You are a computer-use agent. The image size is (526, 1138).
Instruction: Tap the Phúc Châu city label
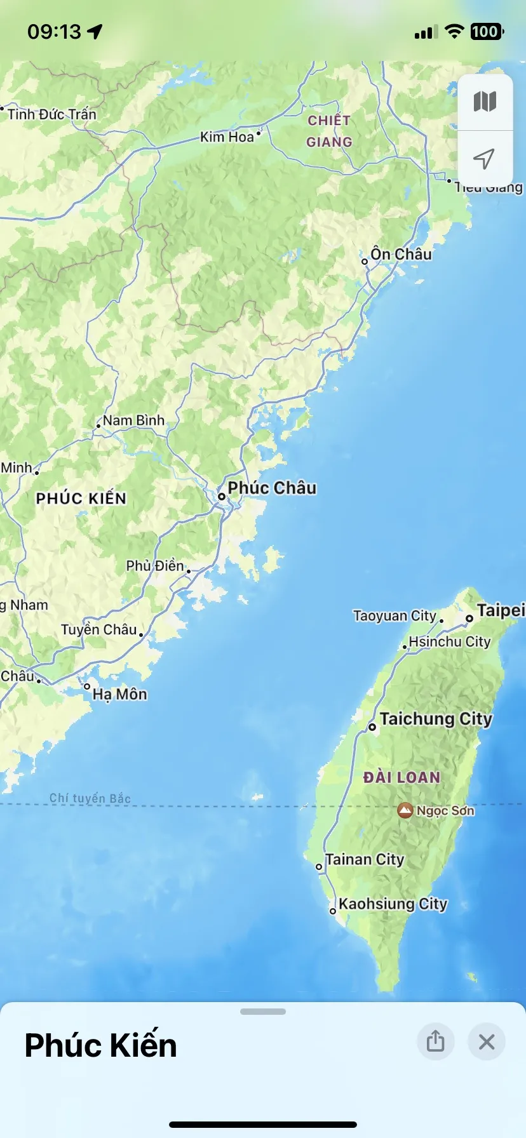coord(272,488)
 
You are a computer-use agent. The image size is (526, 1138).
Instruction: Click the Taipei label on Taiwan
coord(501,610)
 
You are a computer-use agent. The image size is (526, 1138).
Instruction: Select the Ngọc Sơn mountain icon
coord(405,810)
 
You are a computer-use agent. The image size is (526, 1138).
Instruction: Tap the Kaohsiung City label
coord(393,904)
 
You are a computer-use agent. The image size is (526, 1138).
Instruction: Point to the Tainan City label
coord(365,859)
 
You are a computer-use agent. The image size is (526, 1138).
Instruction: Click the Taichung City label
coord(436,719)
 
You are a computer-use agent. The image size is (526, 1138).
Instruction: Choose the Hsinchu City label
coord(450,641)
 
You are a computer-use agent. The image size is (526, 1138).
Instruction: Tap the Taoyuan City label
coord(394,615)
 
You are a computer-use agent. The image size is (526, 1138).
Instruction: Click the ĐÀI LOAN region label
coord(401,777)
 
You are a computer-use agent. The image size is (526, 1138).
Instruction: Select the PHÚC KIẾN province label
coord(81,499)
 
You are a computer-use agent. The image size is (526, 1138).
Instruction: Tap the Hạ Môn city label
coord(119,694)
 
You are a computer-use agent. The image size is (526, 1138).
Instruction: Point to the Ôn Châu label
coord(401,254)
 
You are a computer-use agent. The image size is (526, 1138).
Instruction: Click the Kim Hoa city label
coord(227,137)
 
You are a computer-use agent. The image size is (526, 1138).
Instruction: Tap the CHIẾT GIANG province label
coord(329,131)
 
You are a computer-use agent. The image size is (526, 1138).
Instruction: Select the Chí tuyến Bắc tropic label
coord(90,798)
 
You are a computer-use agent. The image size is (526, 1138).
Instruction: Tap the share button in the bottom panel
coord(435,1041)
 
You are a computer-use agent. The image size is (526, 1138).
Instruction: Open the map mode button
coord(485,102)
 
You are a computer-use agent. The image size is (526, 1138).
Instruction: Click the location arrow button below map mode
coord(485,159)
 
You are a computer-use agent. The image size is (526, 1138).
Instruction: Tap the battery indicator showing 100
coord(486,32)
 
